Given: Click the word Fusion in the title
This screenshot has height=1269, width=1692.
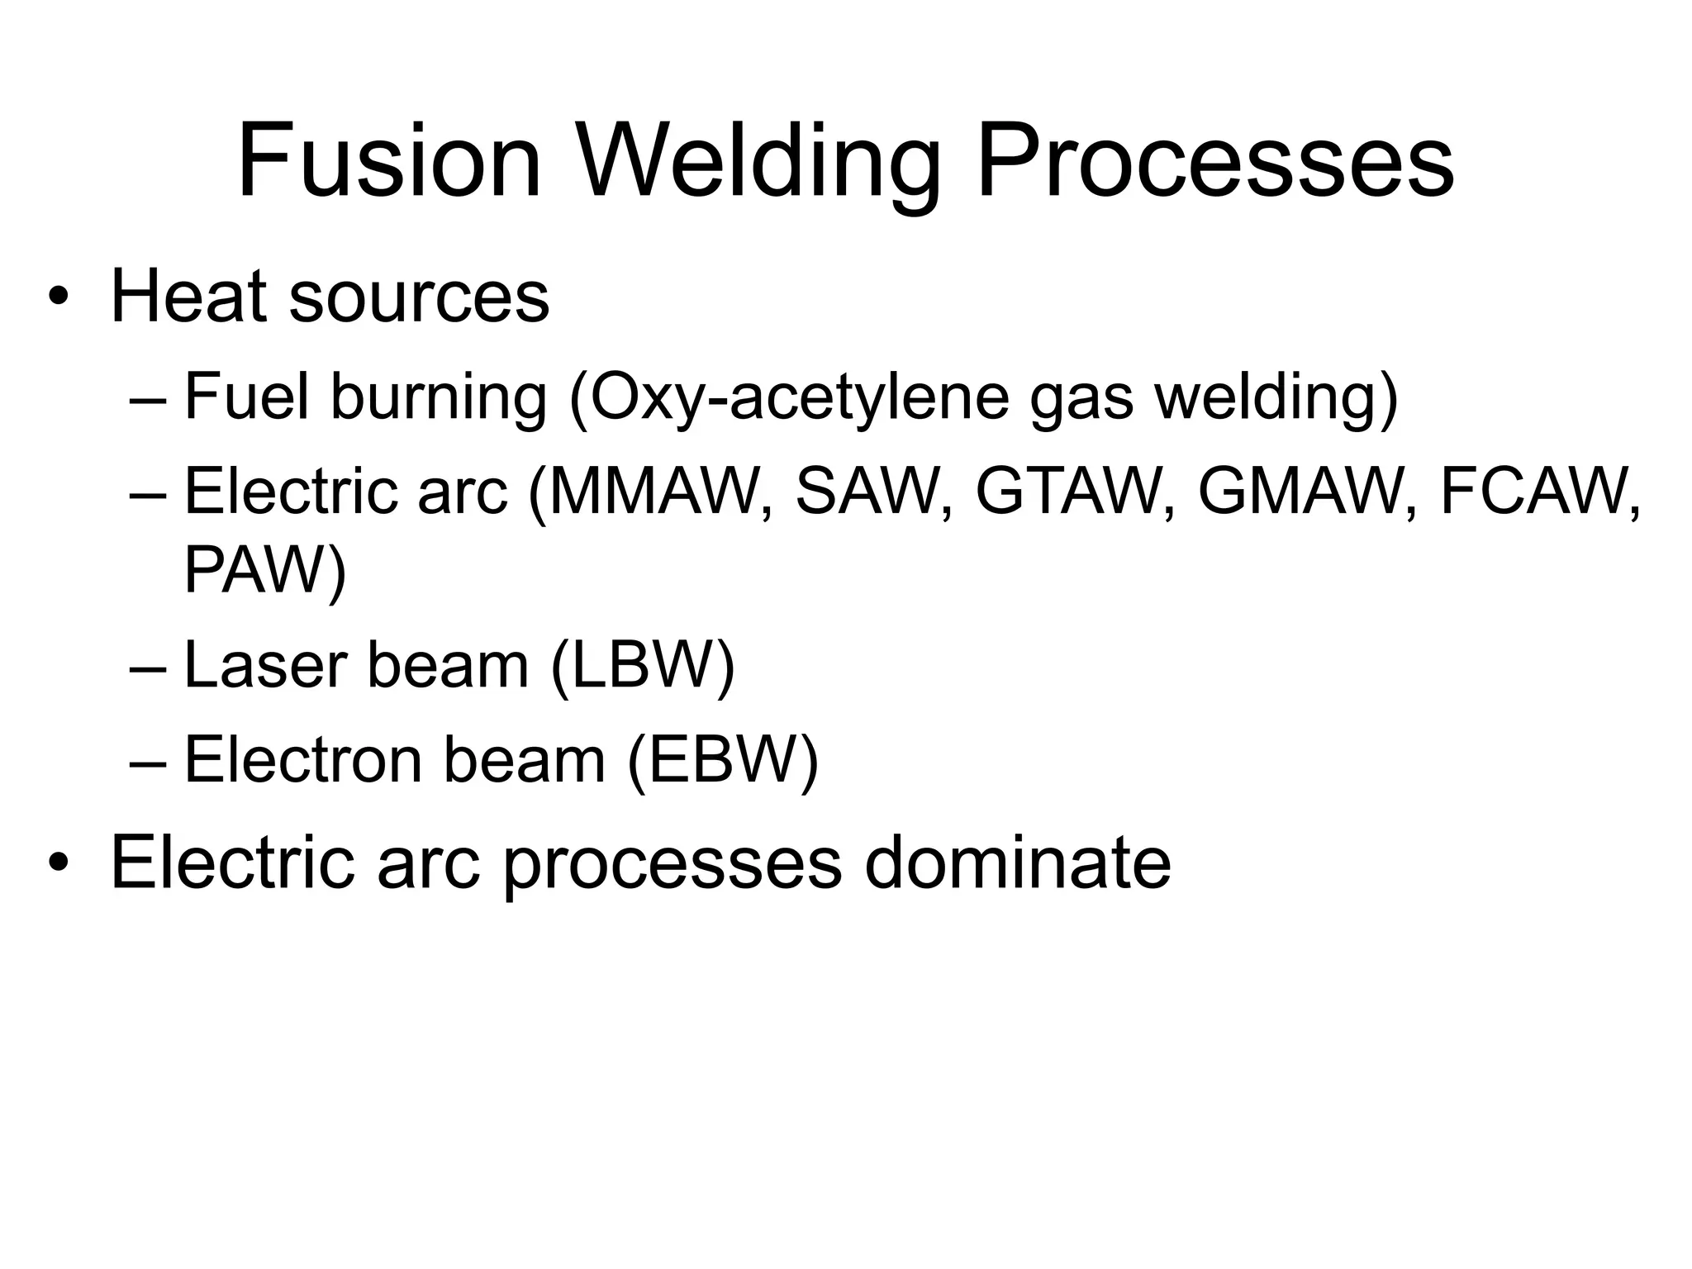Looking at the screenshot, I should pyautogui.click(x=389, y=161).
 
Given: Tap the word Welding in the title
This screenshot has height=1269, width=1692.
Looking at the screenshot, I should pyautogui.click(x=758, y=161).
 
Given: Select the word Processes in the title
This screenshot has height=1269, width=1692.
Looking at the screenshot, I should pyautogui.click(x=1214, y=161).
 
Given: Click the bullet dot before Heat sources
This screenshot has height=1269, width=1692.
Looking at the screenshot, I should pyautogui.click(x=56, y=298).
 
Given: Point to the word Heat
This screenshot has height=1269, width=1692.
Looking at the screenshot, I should pyautogui.click(x=189, y=297).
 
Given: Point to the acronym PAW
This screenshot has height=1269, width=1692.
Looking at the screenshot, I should pyautogui.click(x=255, y=570).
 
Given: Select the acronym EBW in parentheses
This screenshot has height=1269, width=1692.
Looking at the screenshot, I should pyautogui.click(x=722, y=760).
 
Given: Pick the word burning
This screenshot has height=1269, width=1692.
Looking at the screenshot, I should pyautogui.click(x=439, y=397).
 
